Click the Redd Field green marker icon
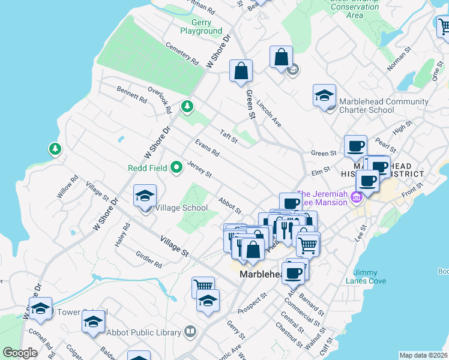176,167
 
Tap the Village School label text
181,208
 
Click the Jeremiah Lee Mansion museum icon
358,197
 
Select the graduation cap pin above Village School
145,196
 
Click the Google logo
20,353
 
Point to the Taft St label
229,137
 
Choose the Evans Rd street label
207,148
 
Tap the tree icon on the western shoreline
55,148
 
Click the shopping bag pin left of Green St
241,71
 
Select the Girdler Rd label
149,260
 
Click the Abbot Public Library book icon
190,331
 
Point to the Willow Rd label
70,187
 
